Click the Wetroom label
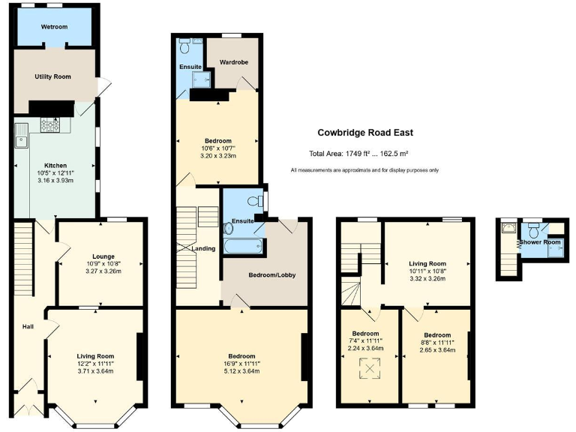click(54, 26)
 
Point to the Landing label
click(203, 248)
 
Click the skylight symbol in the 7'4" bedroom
click(367, 367)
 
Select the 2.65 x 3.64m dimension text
click(436, 349)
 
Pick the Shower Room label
click(540, 242)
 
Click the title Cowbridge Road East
click(364, 133)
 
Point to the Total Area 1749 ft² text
click(358, 154)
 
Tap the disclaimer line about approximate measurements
click(364, 171)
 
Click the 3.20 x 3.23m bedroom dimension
click(218, 156)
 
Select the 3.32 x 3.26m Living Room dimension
click(427, 279)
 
